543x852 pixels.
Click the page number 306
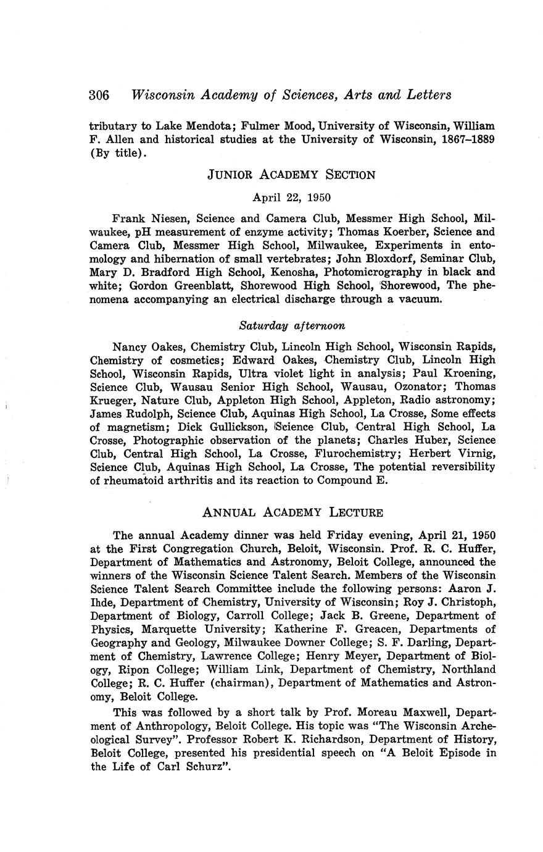tap(99, 95)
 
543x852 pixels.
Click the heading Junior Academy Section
tap(291, 175)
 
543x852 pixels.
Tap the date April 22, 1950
tap(292, 198)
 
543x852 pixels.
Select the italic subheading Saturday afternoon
tap(292, 325)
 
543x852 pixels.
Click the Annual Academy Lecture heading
tap(292, 512)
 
